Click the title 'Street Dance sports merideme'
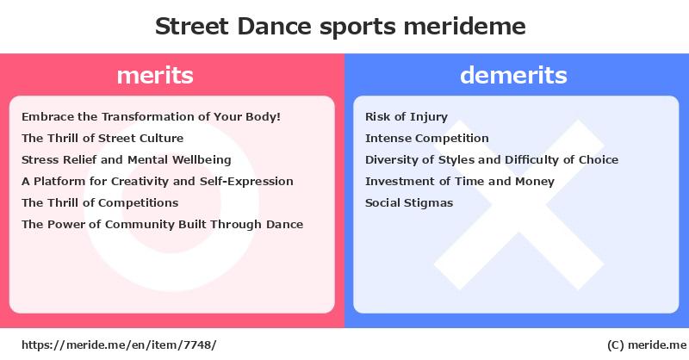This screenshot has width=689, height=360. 340,27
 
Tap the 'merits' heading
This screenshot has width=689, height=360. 155,75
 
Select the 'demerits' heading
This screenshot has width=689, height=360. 513,75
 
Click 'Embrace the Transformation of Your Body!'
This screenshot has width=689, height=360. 152,117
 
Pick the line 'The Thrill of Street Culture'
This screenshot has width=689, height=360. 102,139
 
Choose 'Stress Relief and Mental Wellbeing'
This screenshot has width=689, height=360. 126,160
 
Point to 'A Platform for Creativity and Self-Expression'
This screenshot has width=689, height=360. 158,182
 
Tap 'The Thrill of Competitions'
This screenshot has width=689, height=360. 100,203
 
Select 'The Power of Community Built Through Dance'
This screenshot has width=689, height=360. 162,225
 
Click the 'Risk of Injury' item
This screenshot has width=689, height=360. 407,117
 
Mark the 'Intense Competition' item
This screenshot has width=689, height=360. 426,139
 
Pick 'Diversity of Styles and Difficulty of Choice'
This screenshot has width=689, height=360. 492,160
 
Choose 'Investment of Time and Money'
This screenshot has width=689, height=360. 460,182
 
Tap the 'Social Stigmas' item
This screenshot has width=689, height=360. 409,203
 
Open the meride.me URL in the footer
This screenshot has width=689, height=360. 119,345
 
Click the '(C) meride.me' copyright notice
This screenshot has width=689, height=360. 647,345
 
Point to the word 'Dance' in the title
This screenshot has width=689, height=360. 274,27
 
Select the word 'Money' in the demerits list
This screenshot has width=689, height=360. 534,182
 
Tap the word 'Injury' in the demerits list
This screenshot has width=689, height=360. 429,117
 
